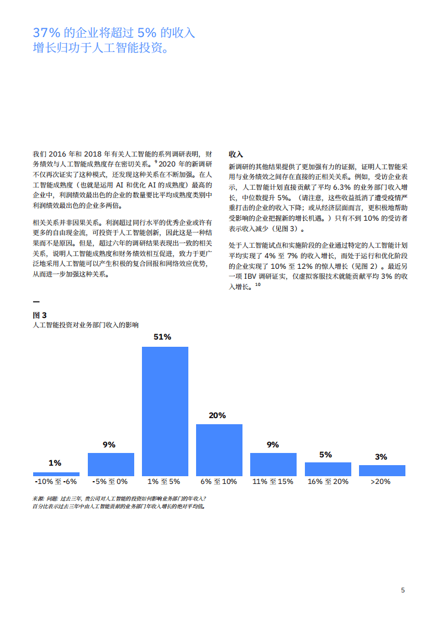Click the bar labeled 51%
click(165, 411)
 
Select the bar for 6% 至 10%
click(219, 450)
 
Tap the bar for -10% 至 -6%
click(56, 474)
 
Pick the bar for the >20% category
click(382, 470)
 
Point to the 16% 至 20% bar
click(328, 469)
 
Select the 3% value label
click(381, 457)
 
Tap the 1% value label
click(55, 463)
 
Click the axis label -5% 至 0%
click(111, 482)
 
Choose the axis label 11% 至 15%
click(273, 482)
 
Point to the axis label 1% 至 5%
click(165, 482)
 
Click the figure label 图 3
click(40, 315)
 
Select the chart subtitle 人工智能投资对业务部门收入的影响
click(86, 325)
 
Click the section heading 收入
click(236, 154)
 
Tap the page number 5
click(403, 590)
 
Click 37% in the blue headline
click(46, 33)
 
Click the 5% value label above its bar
click(326, 455)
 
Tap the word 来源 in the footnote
click(39, 498)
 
